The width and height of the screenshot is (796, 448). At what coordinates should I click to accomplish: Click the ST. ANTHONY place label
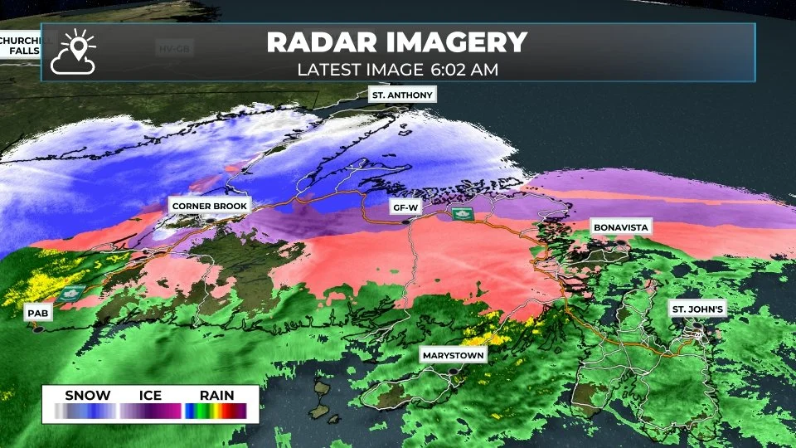pos(402,95)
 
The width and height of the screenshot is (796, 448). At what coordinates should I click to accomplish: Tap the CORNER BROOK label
pos(209,205)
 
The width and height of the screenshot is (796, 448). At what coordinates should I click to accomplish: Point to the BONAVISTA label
pos(621,226)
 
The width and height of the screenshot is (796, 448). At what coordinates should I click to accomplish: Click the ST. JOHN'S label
pos(698,309)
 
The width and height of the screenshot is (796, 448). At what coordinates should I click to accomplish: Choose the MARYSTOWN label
pos(453,354)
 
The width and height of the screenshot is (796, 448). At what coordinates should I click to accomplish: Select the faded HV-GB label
pos(174,48)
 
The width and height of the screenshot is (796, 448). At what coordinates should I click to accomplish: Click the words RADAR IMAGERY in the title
pos(397,42)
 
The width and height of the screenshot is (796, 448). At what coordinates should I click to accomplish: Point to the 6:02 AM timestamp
pos(465,70)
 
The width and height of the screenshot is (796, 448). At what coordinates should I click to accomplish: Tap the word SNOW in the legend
pos(87,396)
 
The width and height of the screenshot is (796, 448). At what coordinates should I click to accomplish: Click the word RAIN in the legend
pos(216,396)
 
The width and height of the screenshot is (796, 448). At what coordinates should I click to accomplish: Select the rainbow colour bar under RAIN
pos(216,411)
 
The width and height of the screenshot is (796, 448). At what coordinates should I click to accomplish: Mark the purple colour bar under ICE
pos(150,411)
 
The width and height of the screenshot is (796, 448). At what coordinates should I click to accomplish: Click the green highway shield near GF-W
pos(462,214)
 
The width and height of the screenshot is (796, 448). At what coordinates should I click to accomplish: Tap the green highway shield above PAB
pos(68,295)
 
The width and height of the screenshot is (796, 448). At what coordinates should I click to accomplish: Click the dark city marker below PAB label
pos(36,328)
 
